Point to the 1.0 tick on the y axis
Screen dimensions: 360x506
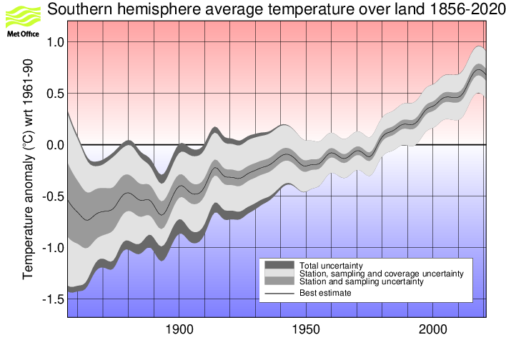click(54, 42)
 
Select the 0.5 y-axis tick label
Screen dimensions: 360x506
click(54, 94)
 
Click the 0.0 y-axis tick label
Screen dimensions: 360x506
click(54, 145)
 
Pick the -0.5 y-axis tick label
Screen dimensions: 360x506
click(51, 196)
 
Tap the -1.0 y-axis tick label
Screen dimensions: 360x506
click(51, 248)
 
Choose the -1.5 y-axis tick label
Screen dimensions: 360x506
click(51, 299)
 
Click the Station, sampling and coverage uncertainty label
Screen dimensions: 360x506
click(382, 274)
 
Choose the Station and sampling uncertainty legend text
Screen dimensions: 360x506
click(362, 281)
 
